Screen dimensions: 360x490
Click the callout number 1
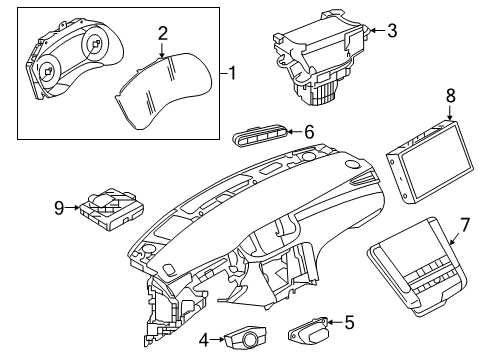234,73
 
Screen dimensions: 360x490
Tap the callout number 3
392,31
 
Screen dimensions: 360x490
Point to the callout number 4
204,340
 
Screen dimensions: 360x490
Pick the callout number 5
349,322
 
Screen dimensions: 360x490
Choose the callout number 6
309,131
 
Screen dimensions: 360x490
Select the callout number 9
58,208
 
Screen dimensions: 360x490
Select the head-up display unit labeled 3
312,60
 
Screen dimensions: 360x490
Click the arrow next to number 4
218,340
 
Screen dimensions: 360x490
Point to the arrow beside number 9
72,208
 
